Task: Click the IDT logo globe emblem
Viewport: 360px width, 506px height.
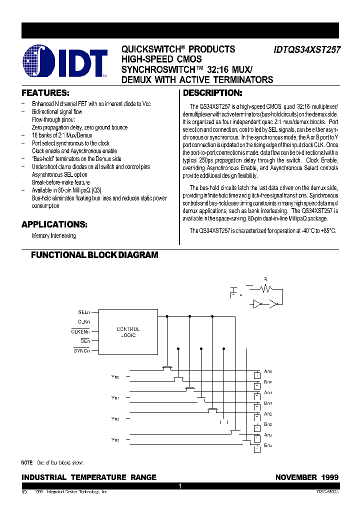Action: point(37,62)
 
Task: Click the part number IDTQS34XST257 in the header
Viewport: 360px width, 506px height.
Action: point(306,50)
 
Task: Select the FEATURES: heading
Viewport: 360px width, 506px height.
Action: point(45,93)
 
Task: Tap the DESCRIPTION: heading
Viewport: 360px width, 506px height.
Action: point(212,93)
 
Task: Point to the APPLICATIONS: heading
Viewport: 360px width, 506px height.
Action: point(54,224)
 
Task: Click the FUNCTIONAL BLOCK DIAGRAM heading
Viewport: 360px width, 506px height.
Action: point(94,255)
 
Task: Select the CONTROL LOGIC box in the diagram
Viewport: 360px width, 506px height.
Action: point(128,332)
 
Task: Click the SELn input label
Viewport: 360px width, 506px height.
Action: point(83,312)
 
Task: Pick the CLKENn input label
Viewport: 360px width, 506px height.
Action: point(80,331)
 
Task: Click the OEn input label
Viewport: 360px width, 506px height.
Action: point(85,340)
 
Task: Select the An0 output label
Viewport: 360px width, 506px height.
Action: point(268,371)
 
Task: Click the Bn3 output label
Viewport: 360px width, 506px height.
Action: point(268,445)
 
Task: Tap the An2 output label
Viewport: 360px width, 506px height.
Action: point(268,414)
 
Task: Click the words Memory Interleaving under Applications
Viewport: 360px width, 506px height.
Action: point(54,235)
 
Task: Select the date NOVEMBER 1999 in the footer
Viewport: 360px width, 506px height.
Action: point(306,477)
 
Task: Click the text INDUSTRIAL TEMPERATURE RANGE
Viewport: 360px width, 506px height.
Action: point(89,477)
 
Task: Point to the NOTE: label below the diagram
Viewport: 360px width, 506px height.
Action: point(27,463)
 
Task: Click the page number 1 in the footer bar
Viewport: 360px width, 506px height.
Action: point(180,486)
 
